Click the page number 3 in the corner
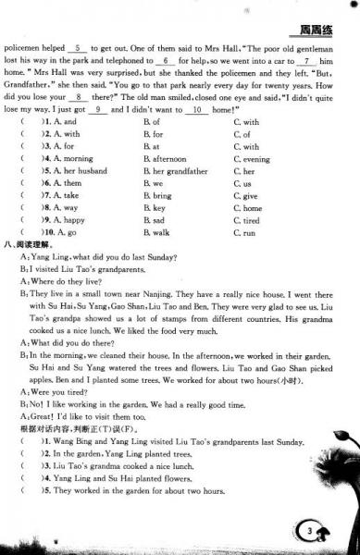[x=310, y=530]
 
